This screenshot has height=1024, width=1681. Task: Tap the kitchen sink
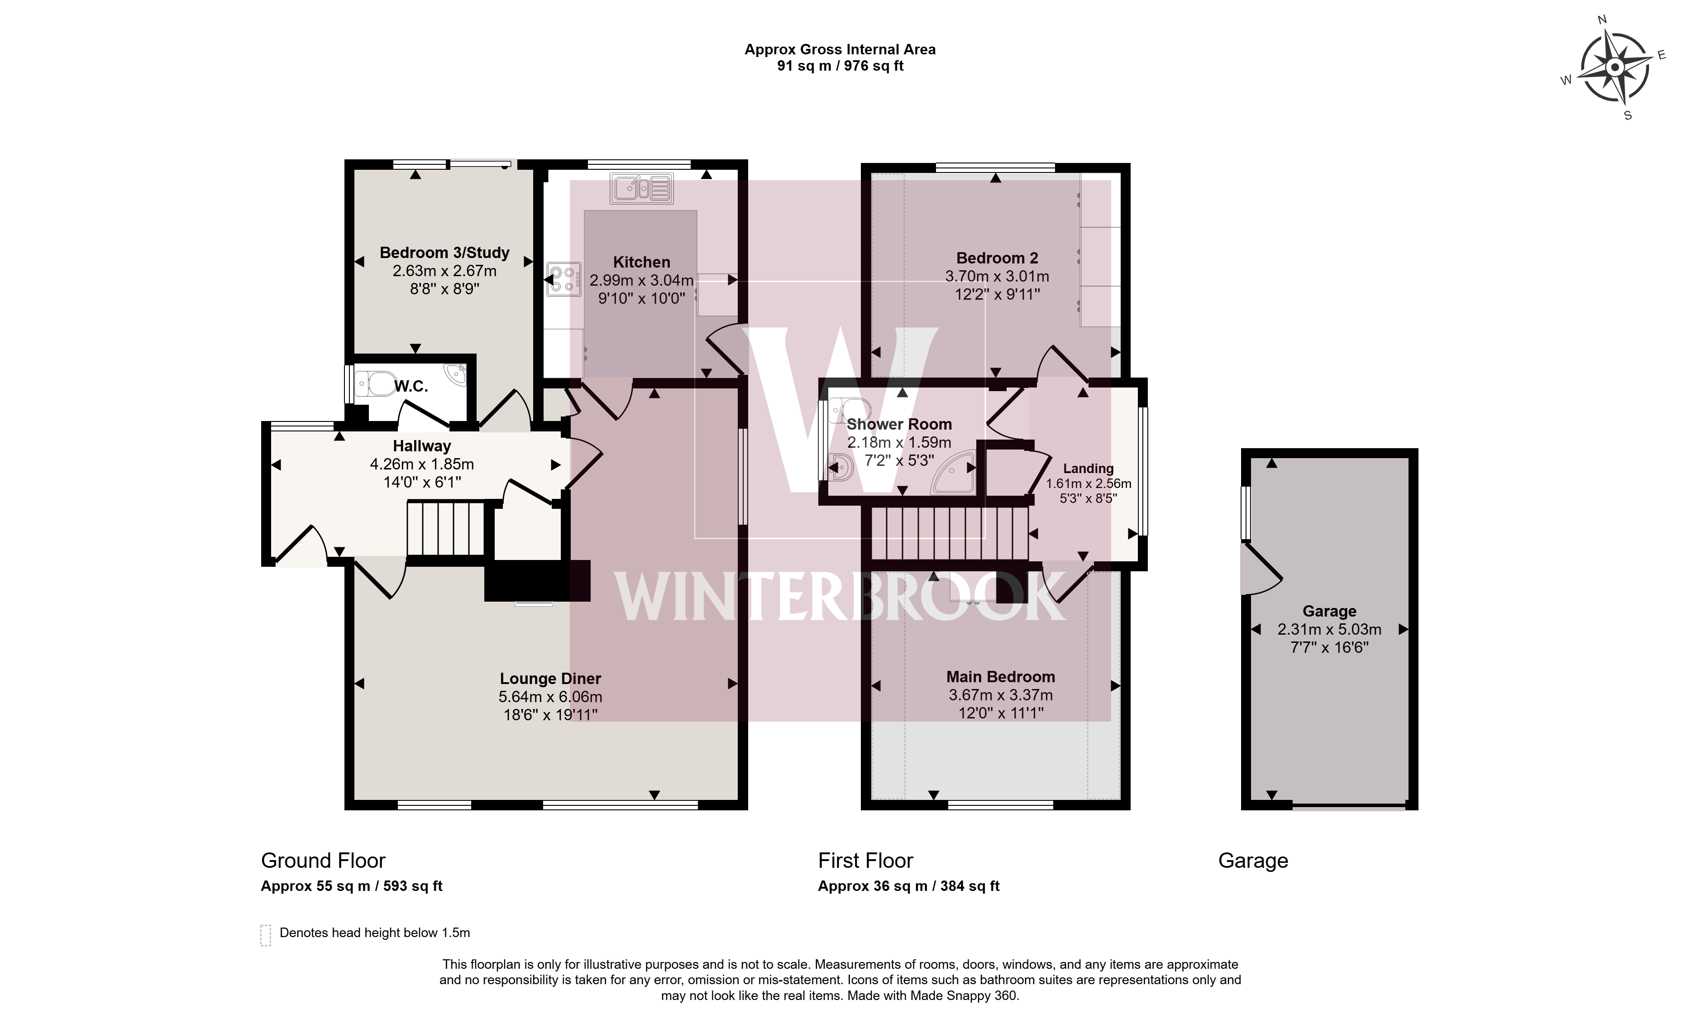point(642,188)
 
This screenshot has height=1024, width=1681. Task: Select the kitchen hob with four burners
point(564,280)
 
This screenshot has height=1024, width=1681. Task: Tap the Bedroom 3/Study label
point(444,253)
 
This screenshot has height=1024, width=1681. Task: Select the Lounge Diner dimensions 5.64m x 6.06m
point(550,697)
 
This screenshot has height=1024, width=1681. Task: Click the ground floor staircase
point(446,529)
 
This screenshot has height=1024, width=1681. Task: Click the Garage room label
point(1329,611)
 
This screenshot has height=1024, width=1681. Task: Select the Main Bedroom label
point(1000,677)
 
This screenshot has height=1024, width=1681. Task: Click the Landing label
point(1088,469)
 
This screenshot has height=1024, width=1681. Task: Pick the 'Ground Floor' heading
point(323,860)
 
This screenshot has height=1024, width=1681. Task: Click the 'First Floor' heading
point(865,860)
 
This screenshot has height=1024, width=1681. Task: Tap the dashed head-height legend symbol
point(265,935)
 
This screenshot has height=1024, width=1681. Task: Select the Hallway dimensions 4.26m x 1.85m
point(422,464)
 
